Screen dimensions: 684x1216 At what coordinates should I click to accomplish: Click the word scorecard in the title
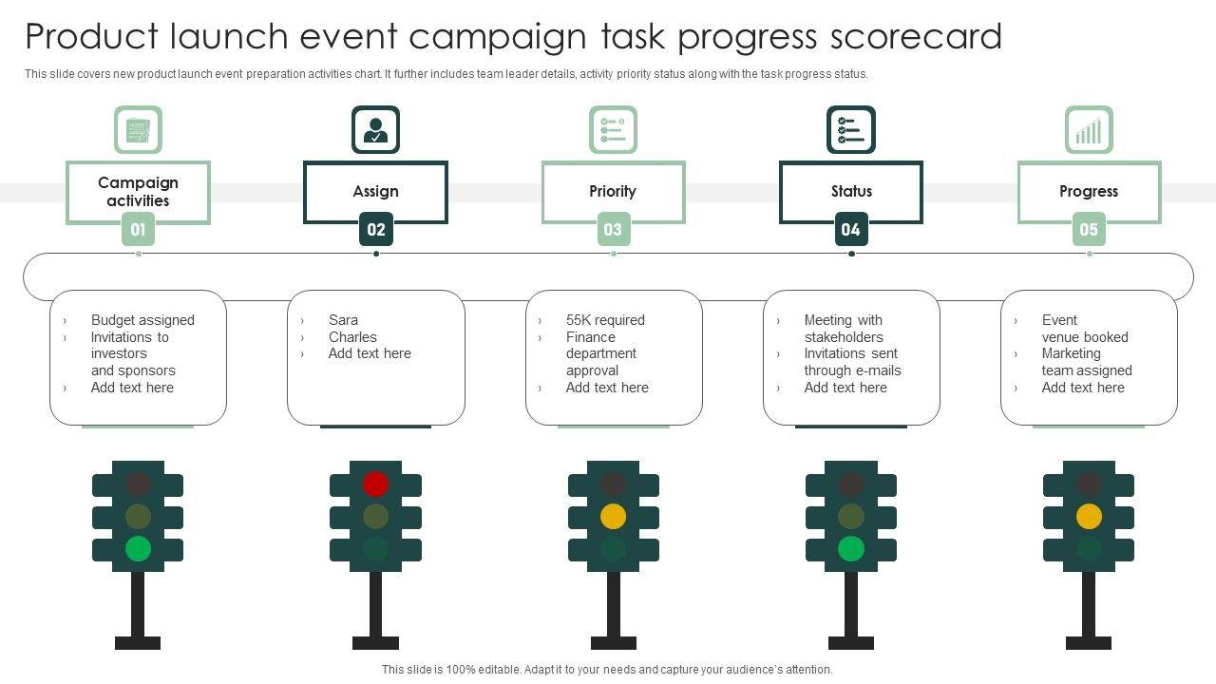916,36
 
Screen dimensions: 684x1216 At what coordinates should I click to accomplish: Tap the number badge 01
138,229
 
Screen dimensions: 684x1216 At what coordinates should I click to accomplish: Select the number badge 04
851,229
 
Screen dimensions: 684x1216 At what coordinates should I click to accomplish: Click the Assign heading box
375,191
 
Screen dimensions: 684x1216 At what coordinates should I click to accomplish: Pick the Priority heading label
613,191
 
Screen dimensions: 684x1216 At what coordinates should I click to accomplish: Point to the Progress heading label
1089,191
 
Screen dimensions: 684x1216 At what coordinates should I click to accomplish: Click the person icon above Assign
375,130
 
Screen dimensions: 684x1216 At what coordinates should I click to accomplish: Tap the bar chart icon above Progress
1089,130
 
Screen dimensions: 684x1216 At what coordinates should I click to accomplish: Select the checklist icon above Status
851,130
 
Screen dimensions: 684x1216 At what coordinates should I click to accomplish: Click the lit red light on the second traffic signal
375,484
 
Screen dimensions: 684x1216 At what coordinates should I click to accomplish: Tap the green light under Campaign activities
138,548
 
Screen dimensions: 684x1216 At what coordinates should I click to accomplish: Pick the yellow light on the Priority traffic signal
613,516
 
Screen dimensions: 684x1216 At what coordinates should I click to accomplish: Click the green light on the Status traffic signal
851,548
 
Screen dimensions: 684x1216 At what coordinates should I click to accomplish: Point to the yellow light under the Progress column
1089,516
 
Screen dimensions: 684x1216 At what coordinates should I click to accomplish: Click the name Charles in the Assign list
352,337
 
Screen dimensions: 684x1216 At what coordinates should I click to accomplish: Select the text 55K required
605,320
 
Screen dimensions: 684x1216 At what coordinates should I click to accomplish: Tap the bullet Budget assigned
142,320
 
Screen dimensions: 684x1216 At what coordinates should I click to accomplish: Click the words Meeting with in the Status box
843,320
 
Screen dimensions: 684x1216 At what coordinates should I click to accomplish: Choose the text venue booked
1085,337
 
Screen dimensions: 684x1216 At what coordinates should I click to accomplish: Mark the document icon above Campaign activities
138,130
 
